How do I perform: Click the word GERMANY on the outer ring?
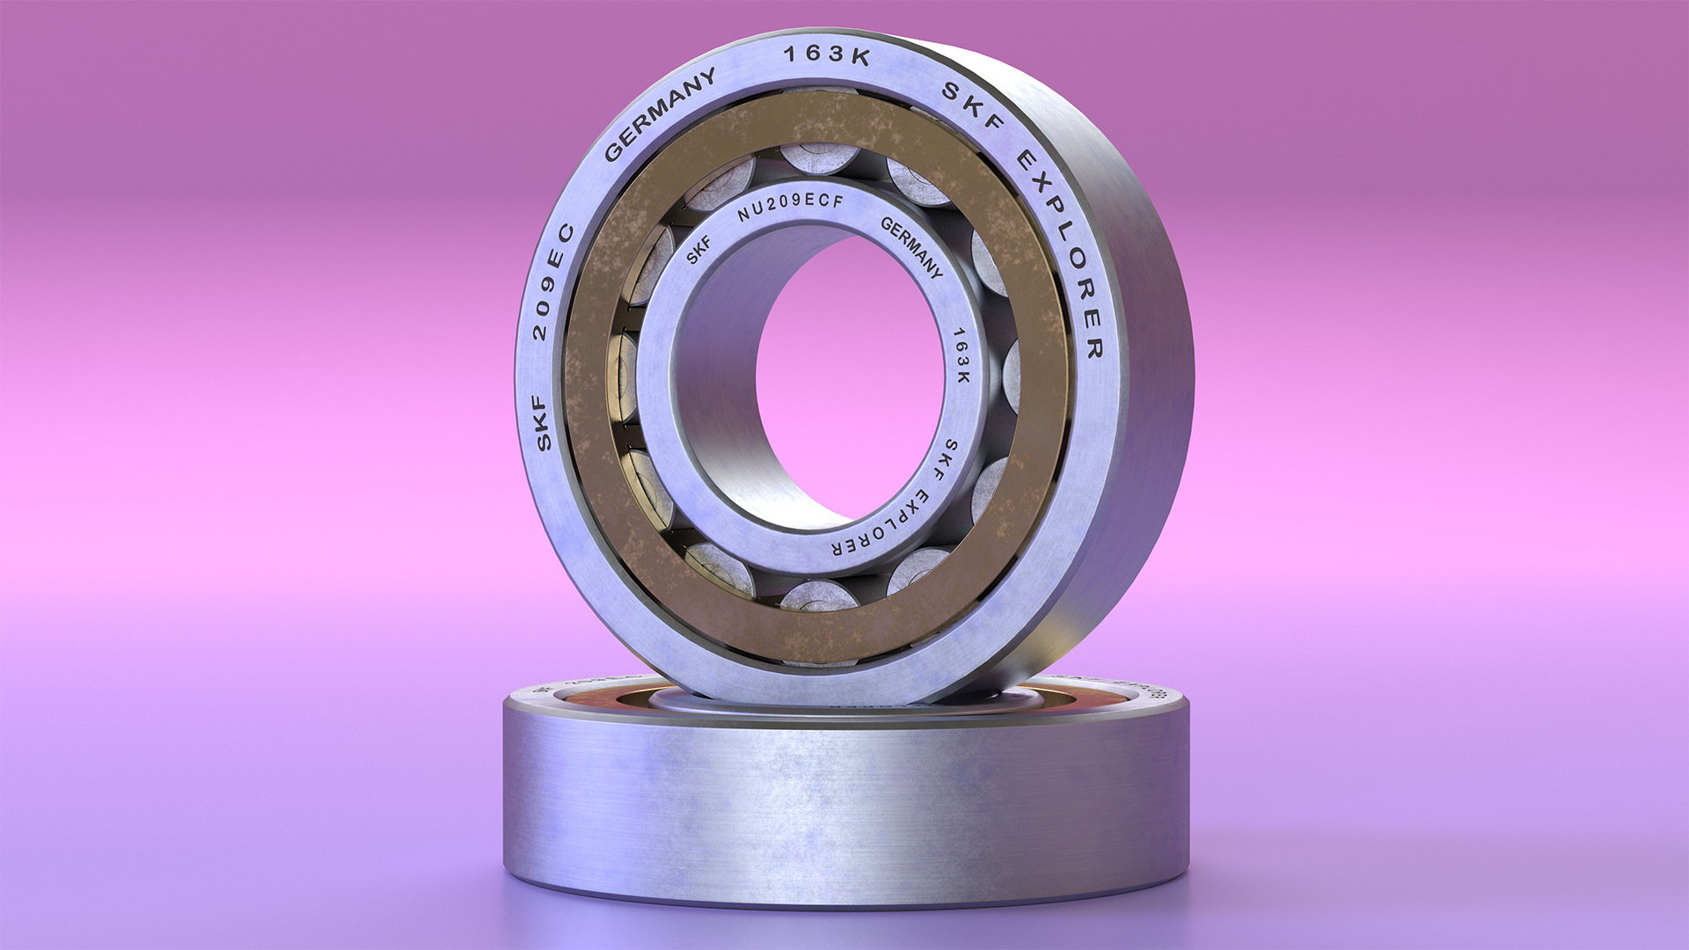coord(659,114)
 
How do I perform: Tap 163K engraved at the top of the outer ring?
coord(826,55)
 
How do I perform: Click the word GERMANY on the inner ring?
coord(912,246)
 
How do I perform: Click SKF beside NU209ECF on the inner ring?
coord(698,252)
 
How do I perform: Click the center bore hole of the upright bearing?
coord(849,378)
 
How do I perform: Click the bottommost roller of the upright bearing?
coord(818,596)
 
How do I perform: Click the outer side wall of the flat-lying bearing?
coord(844,809)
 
